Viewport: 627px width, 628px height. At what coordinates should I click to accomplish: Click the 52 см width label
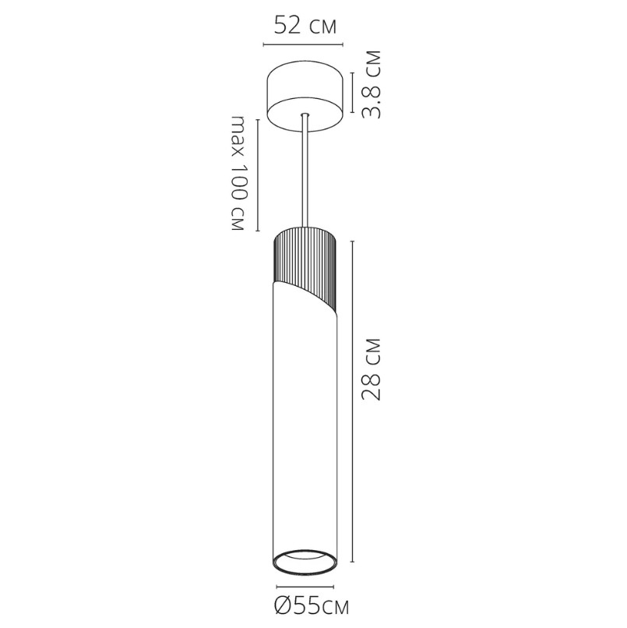tap(305, 26)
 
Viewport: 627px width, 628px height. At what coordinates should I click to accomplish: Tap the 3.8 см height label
tap(370, 84)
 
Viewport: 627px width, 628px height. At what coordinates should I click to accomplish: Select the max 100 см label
tap(238, 174)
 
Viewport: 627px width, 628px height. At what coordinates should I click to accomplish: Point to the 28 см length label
tap(370, 369)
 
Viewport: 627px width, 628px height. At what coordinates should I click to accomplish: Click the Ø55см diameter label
tap(312, 606)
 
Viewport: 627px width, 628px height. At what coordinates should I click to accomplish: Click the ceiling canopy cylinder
tap(305, 96)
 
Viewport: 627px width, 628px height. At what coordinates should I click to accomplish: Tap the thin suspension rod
tap(305, 172)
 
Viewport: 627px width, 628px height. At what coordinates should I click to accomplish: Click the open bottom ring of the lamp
tap(305, 563)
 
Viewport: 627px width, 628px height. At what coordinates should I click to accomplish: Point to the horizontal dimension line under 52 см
tap(303, 44)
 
